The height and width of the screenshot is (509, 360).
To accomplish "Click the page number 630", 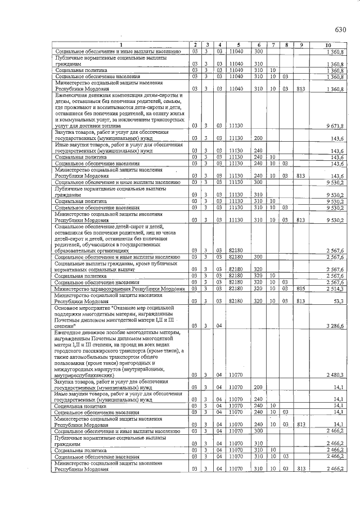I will pos(340,30).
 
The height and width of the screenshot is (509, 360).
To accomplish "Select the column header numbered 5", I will pos(238,45).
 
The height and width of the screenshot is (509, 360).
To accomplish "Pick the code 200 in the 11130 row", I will pos(258,138).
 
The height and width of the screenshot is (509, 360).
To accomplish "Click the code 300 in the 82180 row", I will pos(258,257).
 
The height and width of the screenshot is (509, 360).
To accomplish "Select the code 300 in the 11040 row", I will pos(258,51).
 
